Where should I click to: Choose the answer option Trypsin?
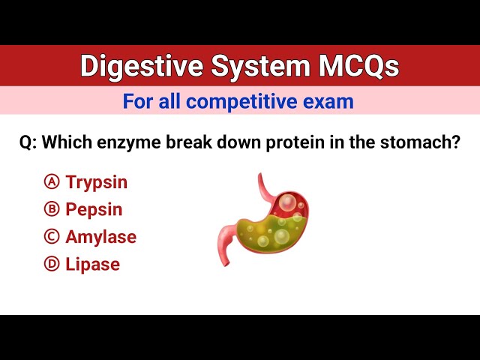click(x=96, y=182)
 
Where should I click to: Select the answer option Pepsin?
click(x=94, y=210)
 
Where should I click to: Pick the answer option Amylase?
click(x=100, y=237)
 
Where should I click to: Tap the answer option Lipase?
click(x=92, y=264)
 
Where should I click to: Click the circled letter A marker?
click(x=52, y=182)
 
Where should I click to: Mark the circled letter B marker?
click(x=52, y=210)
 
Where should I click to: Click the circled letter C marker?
click(x=52, y=237)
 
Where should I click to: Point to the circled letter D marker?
click(x=52, y=264)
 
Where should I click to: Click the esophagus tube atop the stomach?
click(x=265, y=187)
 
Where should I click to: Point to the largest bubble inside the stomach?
click(x=289, y=202)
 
